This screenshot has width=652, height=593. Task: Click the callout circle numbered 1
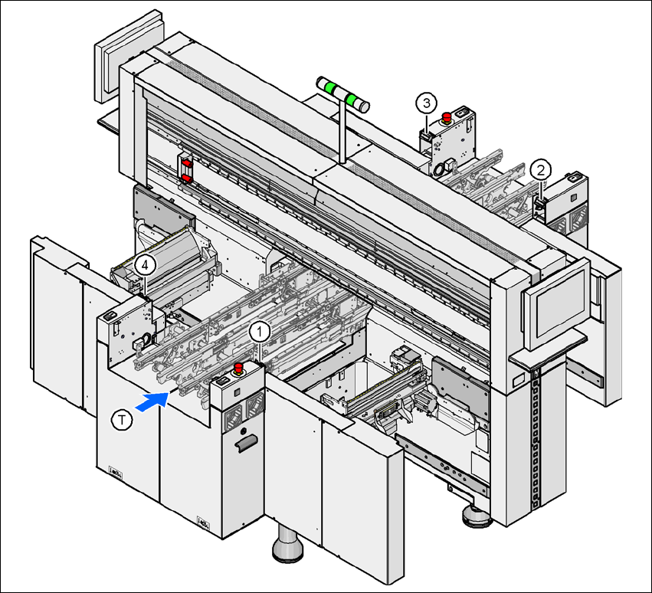tap(260, 331)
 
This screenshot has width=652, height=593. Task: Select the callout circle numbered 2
tap(541, 169)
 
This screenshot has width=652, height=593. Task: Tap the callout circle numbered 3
tap(427, 101)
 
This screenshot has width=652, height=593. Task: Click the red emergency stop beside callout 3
tap(446, 117)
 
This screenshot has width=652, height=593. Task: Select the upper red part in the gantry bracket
tap(185, 162)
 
